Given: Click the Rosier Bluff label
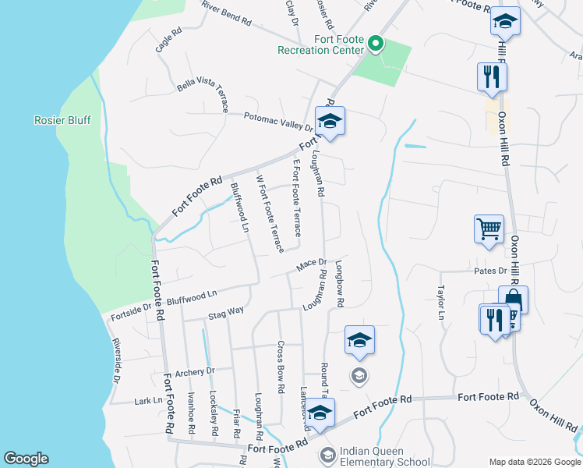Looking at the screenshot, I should [62, 120].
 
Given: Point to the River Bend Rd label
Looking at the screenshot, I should [226, 13].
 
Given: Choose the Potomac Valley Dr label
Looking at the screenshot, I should [267, 121].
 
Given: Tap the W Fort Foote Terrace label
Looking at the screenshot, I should [270, 213].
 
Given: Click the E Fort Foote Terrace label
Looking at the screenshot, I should [296, 198].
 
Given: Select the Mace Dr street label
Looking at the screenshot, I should [309, 266].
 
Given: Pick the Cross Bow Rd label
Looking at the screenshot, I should [279, 367].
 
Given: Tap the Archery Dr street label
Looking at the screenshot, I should [195, 372].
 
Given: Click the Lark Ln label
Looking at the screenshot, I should [148, 400].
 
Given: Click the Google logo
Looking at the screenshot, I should [26, 459].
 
